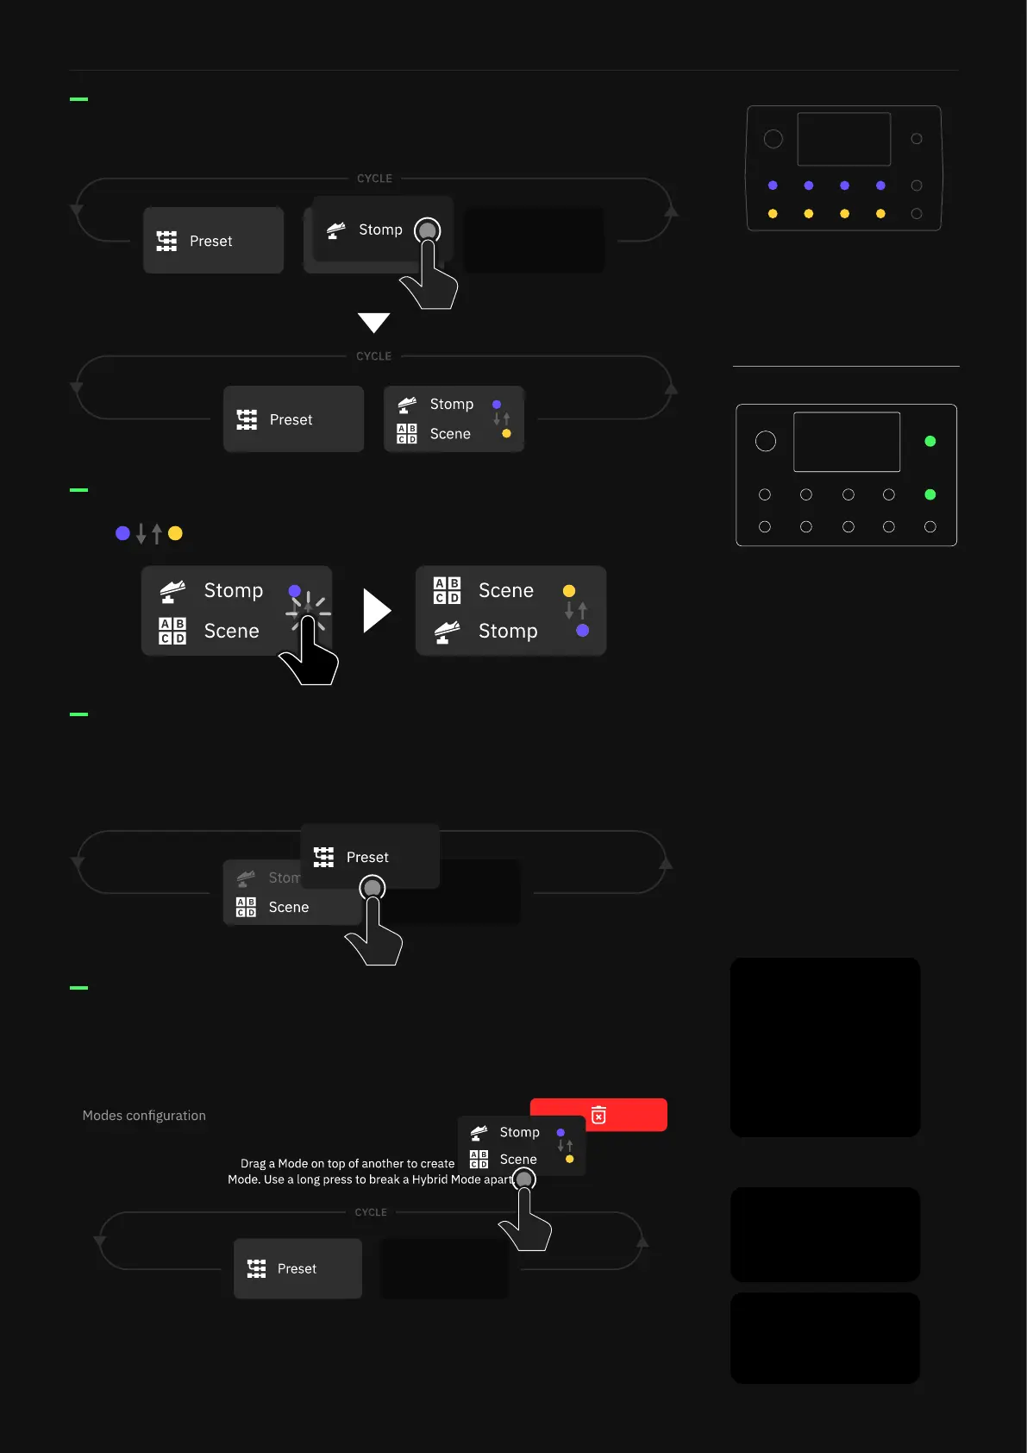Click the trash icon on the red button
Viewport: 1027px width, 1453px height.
pyautogui.click(x=598, y=1115)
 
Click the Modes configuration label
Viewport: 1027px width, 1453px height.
pyautogui.click(x=144, y=1116)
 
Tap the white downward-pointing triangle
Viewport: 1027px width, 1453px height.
pyautogui.click(x=373, y=323)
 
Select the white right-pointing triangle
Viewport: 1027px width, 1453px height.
pyautogui.click(x=377, y=611)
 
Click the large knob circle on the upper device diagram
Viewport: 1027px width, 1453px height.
pyautogui.click(x=773, y=139)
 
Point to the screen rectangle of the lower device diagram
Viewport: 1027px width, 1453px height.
pyautogui.click(x=846, y=442)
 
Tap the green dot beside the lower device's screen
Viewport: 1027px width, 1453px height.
pyautogui.click(x=930, y=441)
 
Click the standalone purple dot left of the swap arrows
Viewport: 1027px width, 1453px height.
pyautogui.click(x=122, y=533)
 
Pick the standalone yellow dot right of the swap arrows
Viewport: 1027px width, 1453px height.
pyautogui.click(x=175, y=533)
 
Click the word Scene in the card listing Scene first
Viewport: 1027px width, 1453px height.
pyautogui.click(x=505, y=590)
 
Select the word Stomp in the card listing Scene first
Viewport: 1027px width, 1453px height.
pyautogui.click(x=507, y=631)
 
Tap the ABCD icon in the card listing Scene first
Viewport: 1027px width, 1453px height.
pyautogui.click(x=447, y=590)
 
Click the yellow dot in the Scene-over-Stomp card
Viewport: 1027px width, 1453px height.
pyautogui.click(x=569, y=591)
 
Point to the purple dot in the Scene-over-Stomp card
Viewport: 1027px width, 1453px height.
pyautogui.click(x=583, y=631)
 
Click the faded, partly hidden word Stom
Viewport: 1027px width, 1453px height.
pyautogui.click(x=284, y=877)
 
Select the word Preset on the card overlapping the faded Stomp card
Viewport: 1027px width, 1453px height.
pyautogui.click(x=367, y=857)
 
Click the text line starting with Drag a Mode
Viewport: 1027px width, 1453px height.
pyautogui.click(x=348, y=1163)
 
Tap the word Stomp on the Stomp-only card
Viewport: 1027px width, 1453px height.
pyautogui.click(x=380, y=230)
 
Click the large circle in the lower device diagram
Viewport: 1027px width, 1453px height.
pyautogui.click(x=765, y=441)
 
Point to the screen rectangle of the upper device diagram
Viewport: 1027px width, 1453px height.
pyautogui.click(x=843, y=139)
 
